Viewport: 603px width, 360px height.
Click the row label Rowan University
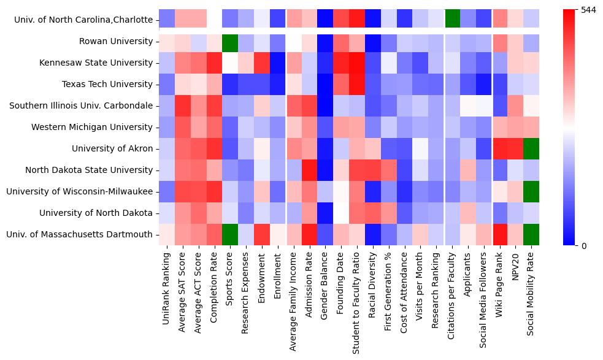click(x=116, y=41)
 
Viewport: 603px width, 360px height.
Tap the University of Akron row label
click(x=112, y=148)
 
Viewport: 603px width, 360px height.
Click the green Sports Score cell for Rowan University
click(x=230, y=41)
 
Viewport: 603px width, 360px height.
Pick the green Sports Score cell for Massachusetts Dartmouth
click(x=230, y=234)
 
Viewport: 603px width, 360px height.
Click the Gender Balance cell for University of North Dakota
click(x=326, y=213)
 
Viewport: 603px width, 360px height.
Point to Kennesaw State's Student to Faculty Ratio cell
click(x=358, y=63)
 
